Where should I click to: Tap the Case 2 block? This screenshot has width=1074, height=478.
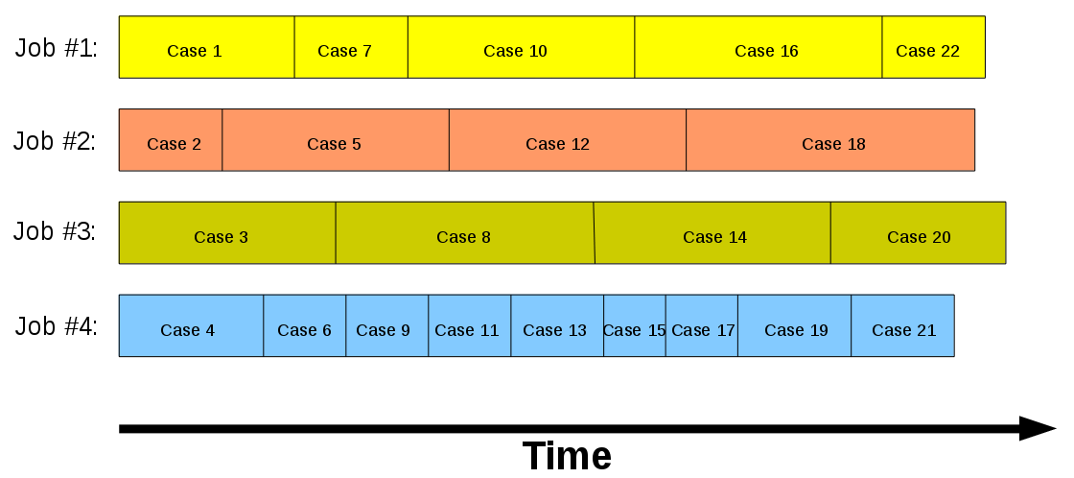171,140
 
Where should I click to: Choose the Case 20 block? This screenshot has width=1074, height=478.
918,233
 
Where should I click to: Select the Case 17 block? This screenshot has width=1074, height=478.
702,326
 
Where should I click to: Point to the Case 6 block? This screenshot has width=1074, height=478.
305,326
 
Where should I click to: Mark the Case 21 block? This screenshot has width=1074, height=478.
902,326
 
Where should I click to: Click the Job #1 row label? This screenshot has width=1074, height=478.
56,49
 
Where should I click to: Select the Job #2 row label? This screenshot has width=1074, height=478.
55,142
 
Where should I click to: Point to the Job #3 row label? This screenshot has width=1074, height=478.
55,232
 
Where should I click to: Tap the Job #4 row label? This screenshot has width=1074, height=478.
56,326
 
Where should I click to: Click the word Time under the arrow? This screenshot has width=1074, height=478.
567,456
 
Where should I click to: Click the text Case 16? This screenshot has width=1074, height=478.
766,52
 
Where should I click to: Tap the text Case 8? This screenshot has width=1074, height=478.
463,237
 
